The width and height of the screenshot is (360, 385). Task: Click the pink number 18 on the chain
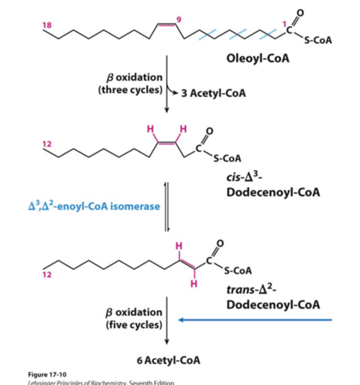pos(47,25)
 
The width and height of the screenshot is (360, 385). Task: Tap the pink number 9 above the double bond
pos(179,20)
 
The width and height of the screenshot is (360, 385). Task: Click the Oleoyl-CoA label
pos(258,58)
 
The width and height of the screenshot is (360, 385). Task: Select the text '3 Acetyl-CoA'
pos(213,93)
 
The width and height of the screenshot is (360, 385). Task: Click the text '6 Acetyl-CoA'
pos(168,360)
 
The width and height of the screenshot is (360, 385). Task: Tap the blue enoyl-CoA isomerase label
pos(94,206)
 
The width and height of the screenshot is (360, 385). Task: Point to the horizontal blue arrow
pos(255,320)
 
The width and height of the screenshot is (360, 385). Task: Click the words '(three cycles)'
pos(130,90)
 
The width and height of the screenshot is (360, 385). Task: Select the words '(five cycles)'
pos(134,325)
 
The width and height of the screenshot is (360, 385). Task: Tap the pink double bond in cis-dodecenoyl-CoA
pos(167,143)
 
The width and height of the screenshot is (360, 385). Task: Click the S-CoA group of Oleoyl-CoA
pos(318,40)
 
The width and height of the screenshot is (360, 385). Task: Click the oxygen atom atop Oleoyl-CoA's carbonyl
pos(300,13)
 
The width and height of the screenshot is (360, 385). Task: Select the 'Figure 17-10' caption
pos(47,374)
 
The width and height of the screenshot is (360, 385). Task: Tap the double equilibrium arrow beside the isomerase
pos(166,206)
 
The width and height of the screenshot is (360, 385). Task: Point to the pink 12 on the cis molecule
pos(47,144)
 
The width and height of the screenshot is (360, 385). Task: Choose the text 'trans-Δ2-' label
pos(252,289)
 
